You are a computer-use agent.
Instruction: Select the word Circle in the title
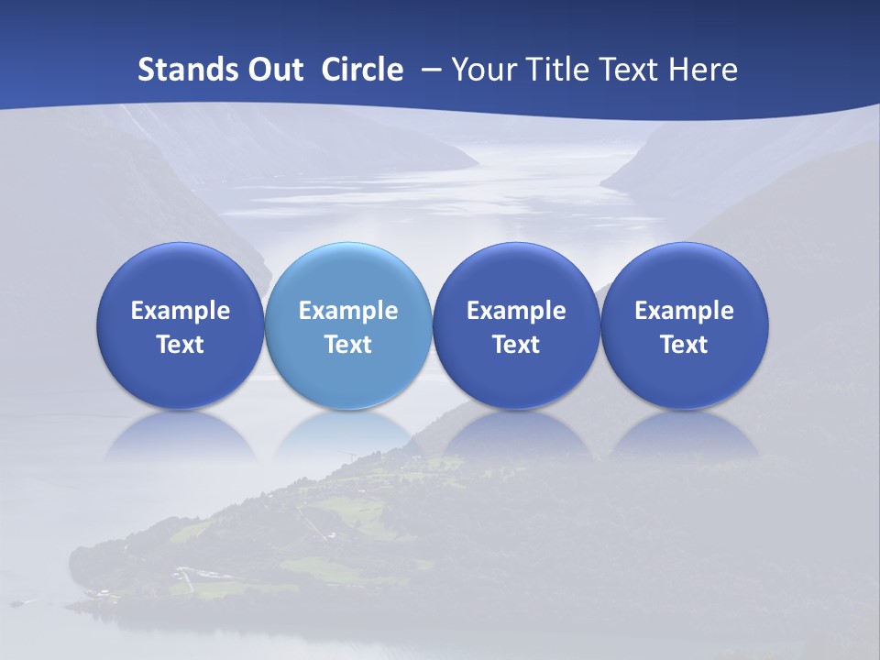coord(362,70)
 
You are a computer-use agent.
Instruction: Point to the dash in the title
coord(430,71)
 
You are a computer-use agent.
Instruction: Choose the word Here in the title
coord(704,70)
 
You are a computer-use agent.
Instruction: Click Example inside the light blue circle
coord(348,311)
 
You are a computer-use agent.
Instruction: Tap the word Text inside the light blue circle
coord(348,345)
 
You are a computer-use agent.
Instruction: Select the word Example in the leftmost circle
coord(180,311)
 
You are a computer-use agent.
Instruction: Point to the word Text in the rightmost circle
coord(685,345)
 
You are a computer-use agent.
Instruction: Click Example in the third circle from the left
coord(516,311)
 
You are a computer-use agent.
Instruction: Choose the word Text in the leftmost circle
coord(180,345)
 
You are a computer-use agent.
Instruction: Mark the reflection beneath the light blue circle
coord(348,435)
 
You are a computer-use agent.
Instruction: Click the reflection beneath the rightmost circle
coord(685,435)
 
